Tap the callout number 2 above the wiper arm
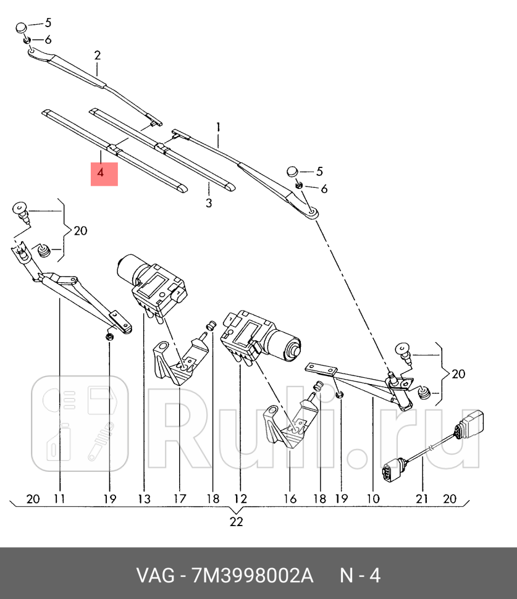tap(98, 56)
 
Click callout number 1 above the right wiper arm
tap(218, 127)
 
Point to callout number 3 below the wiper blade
tap(209, 203)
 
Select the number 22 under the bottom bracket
tap(236, 521)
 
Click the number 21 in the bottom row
tap(421, 498)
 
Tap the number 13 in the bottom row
tap(145, 498)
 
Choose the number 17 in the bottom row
tap(180, 498)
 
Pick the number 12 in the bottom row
tap(240, 498)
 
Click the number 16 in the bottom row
tap(290, 498)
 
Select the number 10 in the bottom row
tap(373, 498)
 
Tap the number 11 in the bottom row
tap(59, 498)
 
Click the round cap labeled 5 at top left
tap(22, 28)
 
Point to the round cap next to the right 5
tap(292, 172)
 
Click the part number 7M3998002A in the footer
tap(253, 576)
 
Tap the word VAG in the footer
tap(155, 576)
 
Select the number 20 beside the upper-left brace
tap(80, 231)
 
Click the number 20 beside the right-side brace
tap(458, 374)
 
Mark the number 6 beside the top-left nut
tap(48, 40)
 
